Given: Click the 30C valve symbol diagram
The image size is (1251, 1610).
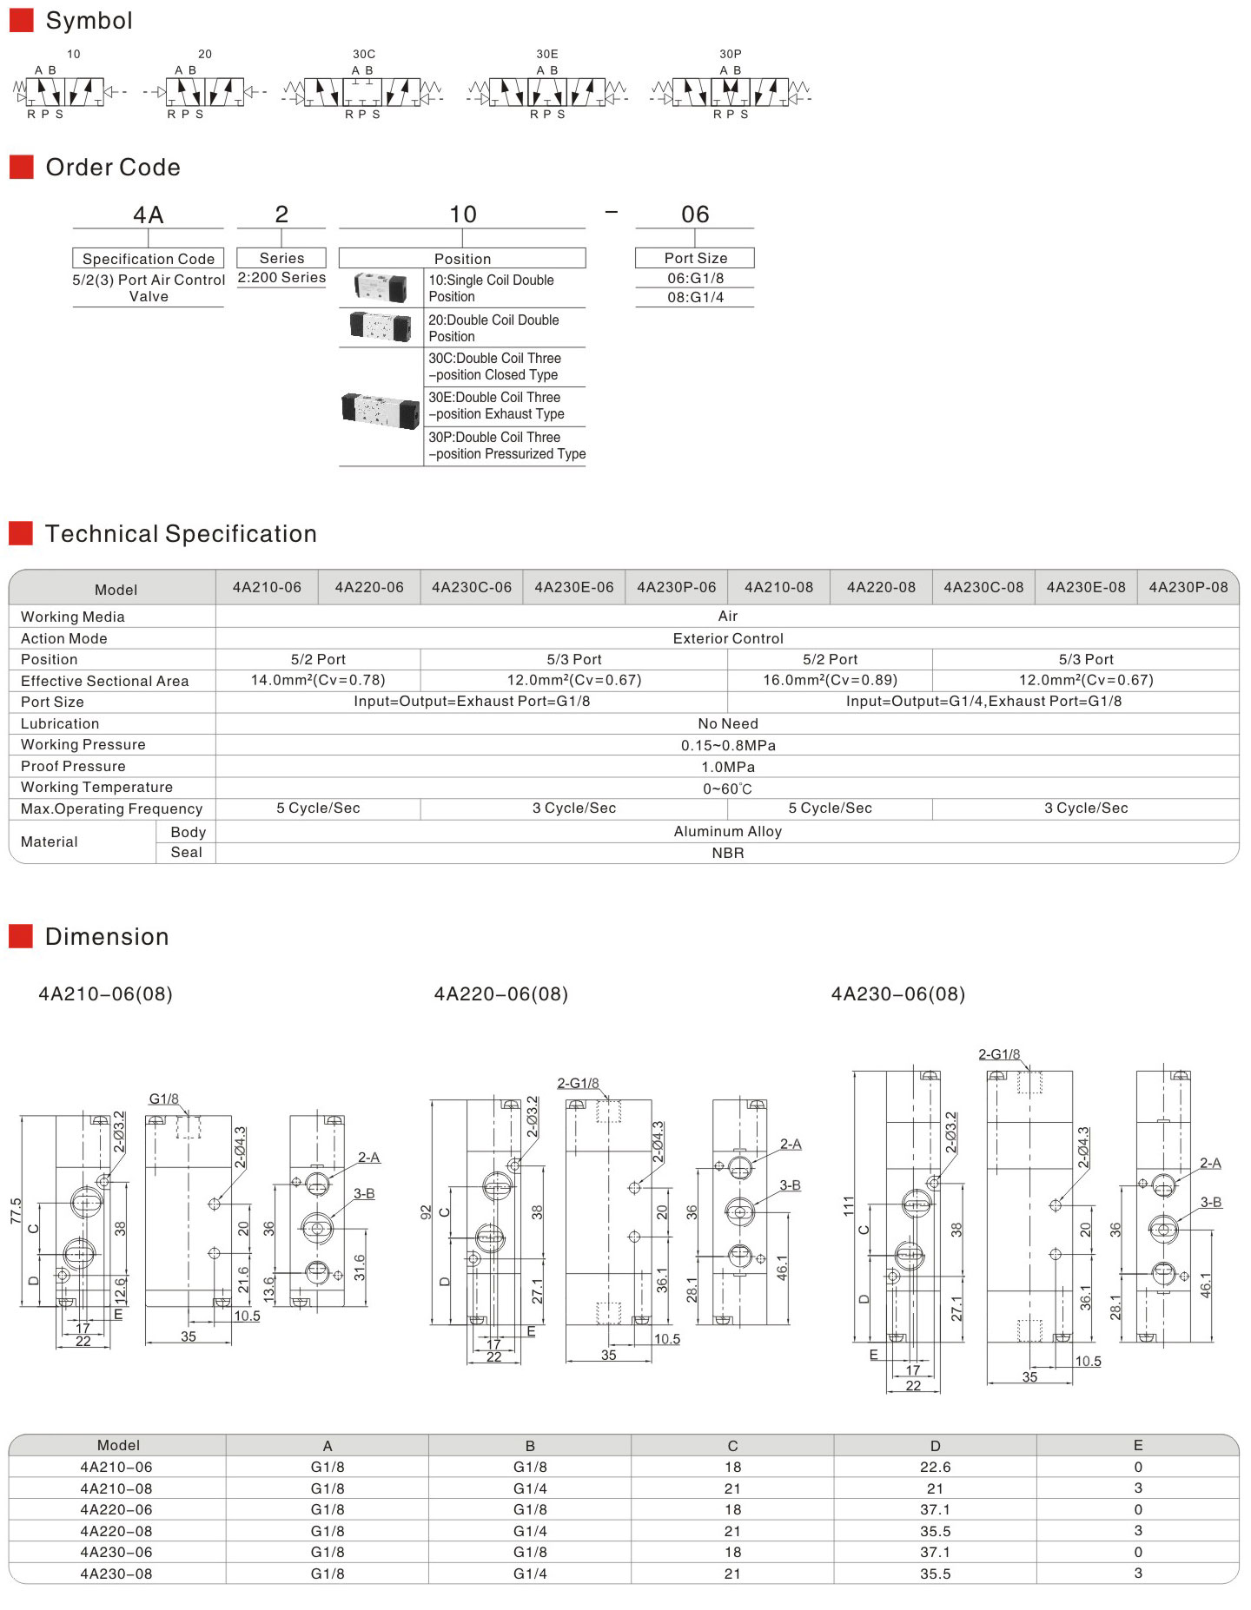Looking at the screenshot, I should point(363,91).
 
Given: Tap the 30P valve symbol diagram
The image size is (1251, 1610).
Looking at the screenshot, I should point(731,91).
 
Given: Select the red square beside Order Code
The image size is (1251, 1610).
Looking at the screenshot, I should point(21,167).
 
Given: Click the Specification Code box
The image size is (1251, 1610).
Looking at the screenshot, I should point(149,259).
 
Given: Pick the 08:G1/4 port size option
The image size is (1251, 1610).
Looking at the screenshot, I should point(695,297).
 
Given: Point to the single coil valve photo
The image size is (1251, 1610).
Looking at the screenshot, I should point(381,287).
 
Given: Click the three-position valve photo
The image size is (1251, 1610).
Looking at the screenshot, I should point(381,409).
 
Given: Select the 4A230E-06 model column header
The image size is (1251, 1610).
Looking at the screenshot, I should point(573,587).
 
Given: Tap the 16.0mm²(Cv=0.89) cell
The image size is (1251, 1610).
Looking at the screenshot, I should point(830,680).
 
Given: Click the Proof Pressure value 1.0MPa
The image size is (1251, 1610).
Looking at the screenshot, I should point(728,767).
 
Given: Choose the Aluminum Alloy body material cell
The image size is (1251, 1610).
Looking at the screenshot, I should point(728,831).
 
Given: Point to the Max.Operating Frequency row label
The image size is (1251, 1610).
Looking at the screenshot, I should point(111,808).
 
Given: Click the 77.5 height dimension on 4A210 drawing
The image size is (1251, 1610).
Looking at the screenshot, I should point(16,1211).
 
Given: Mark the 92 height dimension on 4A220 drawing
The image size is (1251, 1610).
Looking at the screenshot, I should point(426,1212).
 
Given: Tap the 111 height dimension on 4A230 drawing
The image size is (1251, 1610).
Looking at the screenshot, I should point(849,1205).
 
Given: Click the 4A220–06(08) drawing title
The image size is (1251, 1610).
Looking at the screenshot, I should point(501,993).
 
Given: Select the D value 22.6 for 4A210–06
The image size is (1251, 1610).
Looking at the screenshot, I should point(935,1467).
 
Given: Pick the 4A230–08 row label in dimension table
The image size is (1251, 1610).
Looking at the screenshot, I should point(116,1574).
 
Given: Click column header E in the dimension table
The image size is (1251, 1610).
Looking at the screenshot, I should point(1137,1445).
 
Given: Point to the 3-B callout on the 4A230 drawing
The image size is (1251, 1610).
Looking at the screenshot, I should point(1211,1203).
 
